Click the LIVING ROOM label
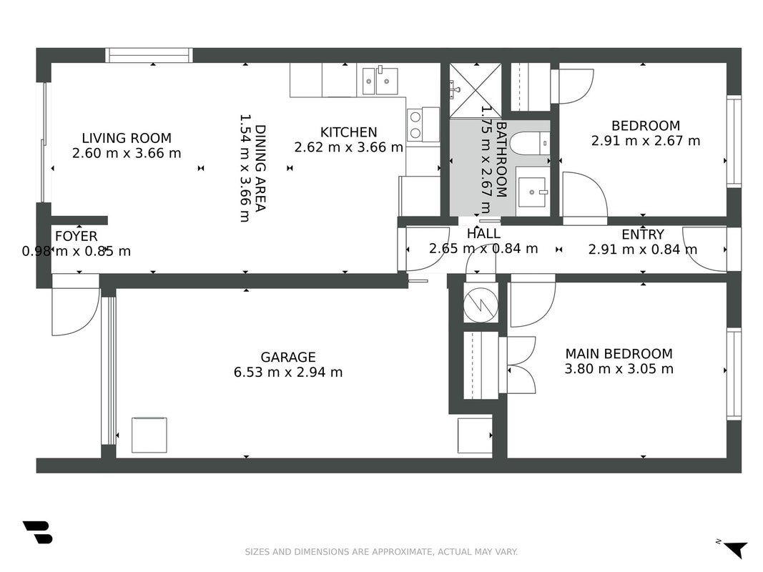[x=127, y=138]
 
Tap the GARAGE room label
[x=288, y=357]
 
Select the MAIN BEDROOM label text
[x=619, y=354]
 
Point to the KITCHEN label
[x=348, y=132]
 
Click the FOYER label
[x=76, y=237]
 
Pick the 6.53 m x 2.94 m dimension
[x=288, y=372]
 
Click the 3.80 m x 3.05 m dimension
[x=619, y=369]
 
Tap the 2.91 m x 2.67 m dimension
[x=646, y=141]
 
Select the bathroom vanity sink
[x=533, y=192]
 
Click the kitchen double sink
[x=380, y=80]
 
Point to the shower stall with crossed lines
[x=475, y=91]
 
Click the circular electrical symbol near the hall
[x=481, y=305]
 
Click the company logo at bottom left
[x=37, y=532]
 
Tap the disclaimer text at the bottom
[x=381, y=551]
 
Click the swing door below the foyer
[x=75, y=311]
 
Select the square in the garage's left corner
[x=149, y=435]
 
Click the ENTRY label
[x=643, y=235]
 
